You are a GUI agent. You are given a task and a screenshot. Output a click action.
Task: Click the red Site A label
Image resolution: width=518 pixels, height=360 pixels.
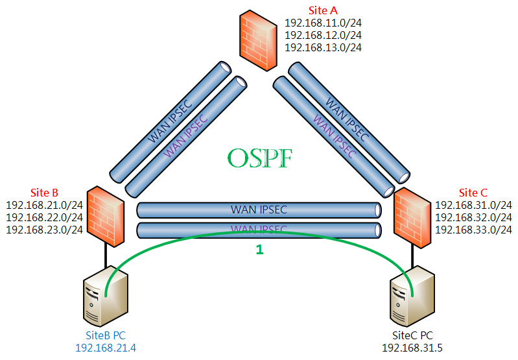pos(323,10)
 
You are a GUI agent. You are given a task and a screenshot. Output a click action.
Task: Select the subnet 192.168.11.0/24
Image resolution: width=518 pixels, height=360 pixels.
pos(323,23)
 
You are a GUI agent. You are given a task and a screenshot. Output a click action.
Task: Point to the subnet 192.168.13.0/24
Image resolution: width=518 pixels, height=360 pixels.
pos(323,47)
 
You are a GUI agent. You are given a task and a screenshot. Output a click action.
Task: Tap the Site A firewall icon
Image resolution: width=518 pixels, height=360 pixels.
pos(258,40)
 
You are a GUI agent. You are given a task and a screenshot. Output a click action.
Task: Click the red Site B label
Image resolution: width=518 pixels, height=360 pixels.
pos(44,193)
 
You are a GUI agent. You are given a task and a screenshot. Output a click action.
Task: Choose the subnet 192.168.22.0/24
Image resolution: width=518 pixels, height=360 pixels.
pos(44,217)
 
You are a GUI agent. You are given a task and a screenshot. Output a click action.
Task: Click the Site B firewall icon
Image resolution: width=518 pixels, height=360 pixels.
pos(106,216)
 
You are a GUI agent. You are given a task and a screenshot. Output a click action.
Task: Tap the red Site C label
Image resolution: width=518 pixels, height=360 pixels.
pos(473,193)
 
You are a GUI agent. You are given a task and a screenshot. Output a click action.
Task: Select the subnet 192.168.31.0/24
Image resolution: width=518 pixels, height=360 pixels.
pos(473,205)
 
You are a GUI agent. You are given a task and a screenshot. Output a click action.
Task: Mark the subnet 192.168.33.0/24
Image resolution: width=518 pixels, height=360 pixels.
pos(473,230)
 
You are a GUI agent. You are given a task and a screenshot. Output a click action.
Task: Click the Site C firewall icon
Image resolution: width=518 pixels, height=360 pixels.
pos(412,217)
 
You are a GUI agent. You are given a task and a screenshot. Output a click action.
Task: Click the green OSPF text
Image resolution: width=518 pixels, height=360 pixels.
pos(260,158)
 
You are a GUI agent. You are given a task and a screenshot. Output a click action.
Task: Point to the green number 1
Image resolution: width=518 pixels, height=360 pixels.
pos(260,250)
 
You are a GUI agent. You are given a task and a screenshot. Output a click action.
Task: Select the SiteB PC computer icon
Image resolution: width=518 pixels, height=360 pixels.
pos(106,296)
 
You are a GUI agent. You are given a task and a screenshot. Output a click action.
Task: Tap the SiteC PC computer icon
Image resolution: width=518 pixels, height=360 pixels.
pos(412,296)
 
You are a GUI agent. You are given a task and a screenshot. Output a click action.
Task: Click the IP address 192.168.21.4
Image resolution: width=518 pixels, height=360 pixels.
pos(106,348)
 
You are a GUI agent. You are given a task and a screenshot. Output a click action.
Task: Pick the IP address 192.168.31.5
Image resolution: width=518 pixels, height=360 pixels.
pos(412,348)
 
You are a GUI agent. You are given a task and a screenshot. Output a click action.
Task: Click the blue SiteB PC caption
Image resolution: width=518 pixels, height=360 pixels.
pos(106,335)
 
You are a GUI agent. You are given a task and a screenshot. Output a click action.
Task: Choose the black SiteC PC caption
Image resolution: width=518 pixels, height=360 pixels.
pos(412,335)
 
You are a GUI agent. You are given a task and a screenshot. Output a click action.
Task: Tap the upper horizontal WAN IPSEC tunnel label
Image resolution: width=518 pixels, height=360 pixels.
pos(259,210)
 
